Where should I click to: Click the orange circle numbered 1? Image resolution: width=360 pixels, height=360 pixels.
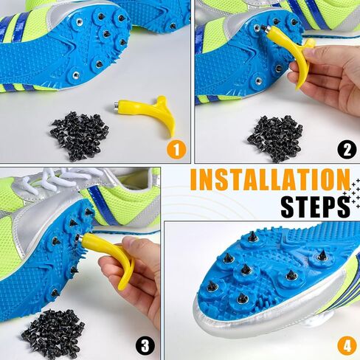click(174, 150)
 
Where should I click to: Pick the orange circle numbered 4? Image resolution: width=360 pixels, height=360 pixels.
click(346, 344)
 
